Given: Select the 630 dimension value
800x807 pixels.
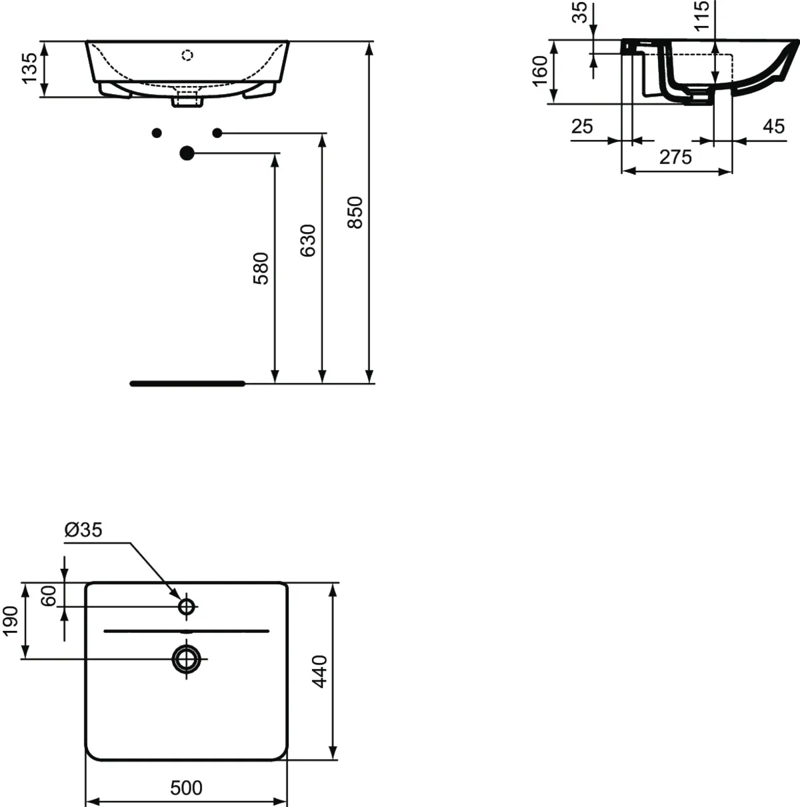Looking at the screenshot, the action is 308,241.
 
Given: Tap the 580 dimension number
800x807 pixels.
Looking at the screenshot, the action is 261,268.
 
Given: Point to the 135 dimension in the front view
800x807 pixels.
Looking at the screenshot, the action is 30,68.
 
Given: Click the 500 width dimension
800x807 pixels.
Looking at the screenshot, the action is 186,788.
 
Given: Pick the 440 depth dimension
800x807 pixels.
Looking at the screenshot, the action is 320,672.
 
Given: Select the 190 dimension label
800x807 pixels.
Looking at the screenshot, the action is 11,621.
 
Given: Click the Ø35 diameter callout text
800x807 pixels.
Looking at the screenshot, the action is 83,530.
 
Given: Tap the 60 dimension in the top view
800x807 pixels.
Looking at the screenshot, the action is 49,596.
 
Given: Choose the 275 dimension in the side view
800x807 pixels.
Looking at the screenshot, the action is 676,157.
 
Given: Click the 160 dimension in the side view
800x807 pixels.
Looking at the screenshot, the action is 540,71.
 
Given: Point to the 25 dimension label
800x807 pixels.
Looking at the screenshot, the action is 582,127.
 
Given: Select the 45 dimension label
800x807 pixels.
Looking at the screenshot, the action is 773,127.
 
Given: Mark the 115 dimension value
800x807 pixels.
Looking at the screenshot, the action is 701,15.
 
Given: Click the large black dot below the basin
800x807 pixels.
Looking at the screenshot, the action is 187,153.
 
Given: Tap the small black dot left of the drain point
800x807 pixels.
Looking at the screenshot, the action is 157,133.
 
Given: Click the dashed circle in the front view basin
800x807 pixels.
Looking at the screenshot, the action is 187,55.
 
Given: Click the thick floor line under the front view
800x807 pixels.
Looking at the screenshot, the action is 187,383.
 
